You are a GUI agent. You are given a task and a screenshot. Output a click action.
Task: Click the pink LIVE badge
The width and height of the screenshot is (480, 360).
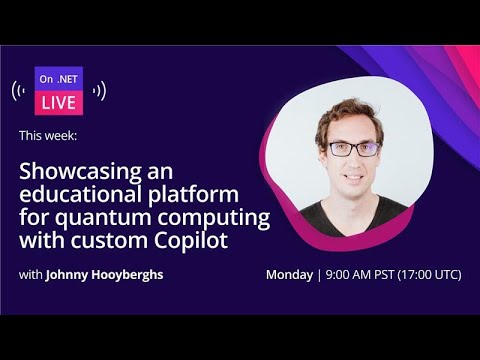pos(59,101)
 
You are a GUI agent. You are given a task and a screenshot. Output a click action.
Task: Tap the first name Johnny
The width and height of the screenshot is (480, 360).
pos(67,274)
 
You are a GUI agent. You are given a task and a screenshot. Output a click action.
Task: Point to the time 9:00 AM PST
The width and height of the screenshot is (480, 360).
pos(358,274)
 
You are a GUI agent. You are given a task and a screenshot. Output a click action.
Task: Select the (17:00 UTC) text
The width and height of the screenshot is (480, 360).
pos(428,274)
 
